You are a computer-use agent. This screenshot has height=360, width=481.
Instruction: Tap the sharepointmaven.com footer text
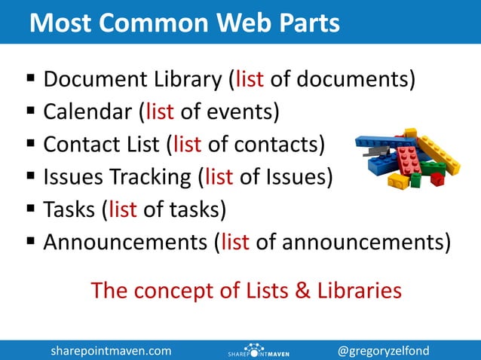111,350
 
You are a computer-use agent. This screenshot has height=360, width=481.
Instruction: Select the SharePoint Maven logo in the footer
259,351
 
